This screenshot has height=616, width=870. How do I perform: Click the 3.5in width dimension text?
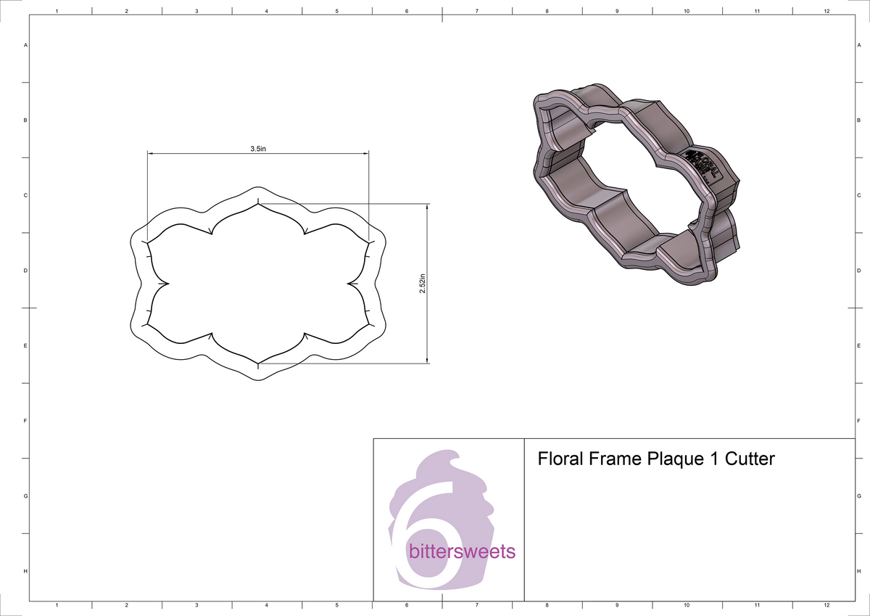tap(258, 148)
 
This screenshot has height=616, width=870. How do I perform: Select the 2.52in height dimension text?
tap(422, 283)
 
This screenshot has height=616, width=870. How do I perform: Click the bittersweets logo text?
tap(462, 552)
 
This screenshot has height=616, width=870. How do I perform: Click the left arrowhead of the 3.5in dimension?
tap(151, 153)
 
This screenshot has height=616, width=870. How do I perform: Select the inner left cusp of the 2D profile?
tap(167, 283)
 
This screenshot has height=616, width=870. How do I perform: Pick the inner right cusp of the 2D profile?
tap(349, 283)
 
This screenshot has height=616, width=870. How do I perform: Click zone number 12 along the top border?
tap(826, 12)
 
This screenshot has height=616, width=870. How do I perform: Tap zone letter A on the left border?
tap(26, 46)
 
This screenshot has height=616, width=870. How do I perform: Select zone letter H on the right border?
tap(858, 572)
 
